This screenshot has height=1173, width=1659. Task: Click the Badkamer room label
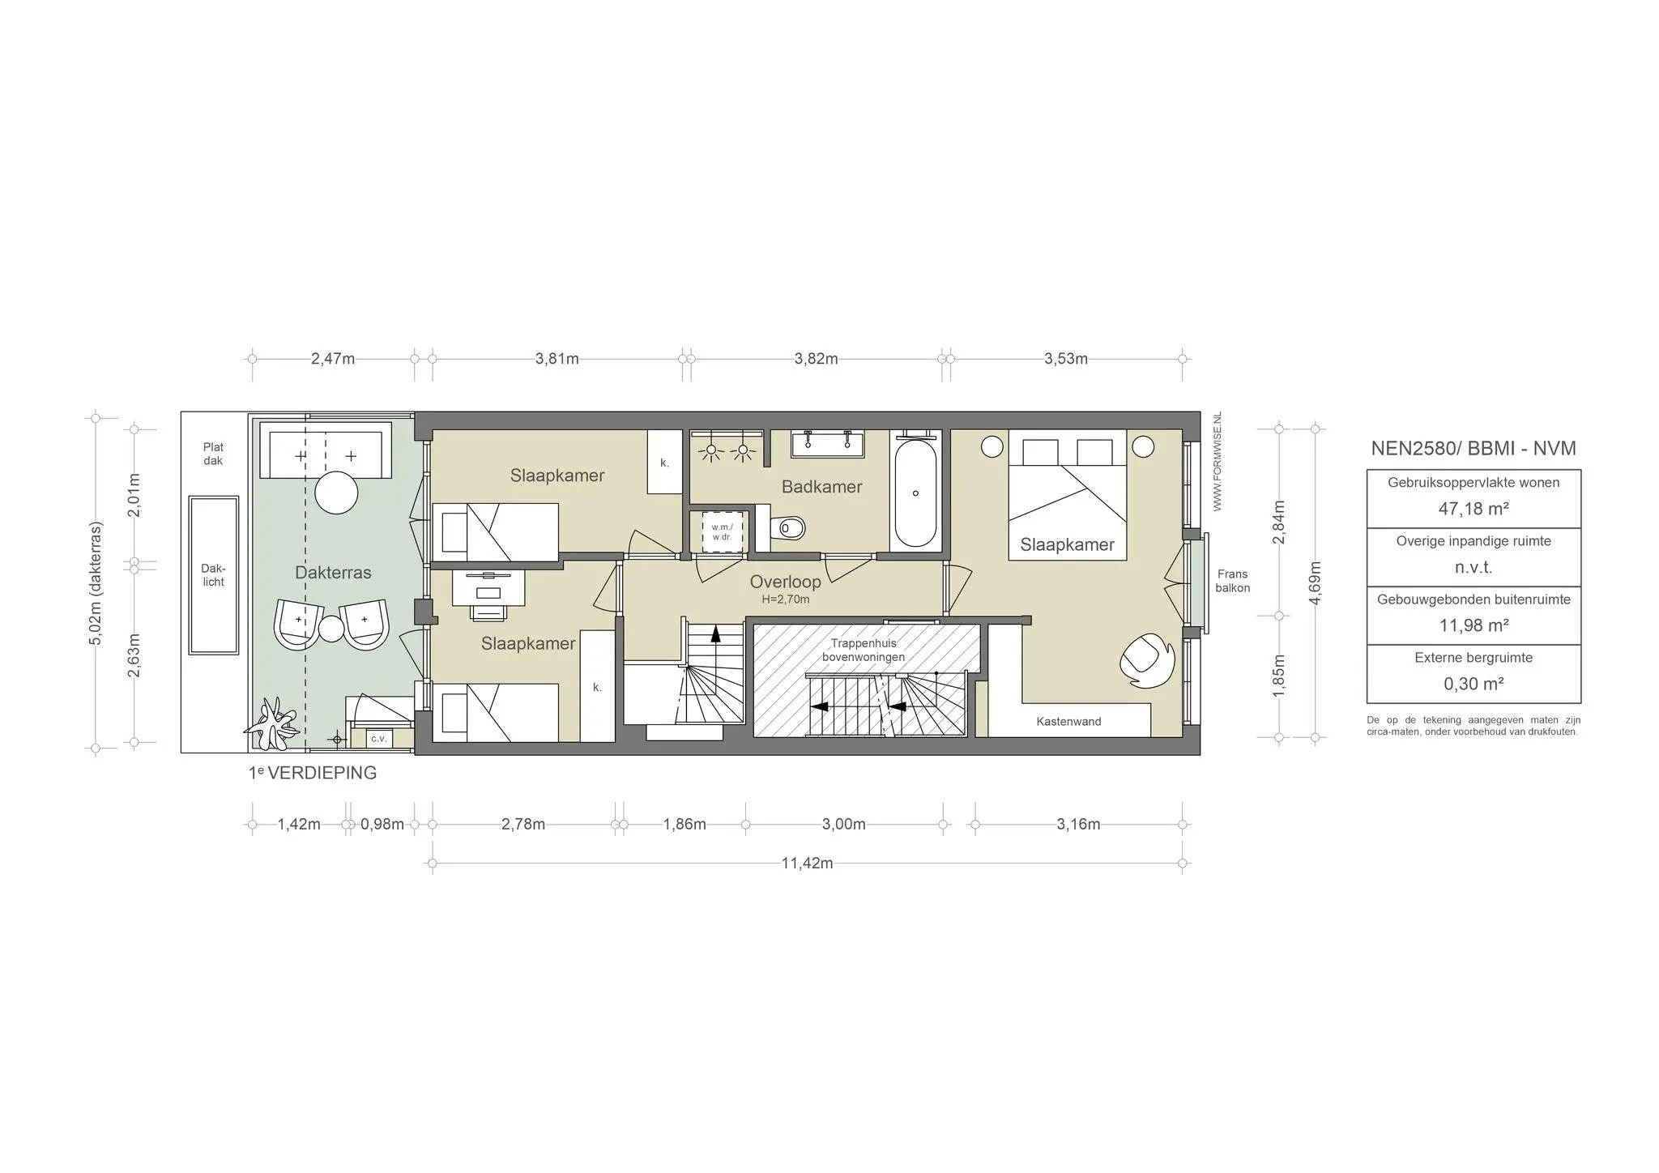click(821, 487)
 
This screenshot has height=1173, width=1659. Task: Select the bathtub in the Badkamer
click(916, 492)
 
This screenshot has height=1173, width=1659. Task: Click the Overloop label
click(785, 582)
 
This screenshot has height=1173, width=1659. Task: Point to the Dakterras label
click(333, 573)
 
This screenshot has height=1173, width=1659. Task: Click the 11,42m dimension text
click(808, 863)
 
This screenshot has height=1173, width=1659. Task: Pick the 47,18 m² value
click(1473, 509)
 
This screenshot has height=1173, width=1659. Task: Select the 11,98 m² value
click(1473, 625)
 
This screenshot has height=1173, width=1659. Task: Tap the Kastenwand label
click(1068, 722)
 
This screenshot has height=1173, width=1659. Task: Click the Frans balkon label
click(1233, 582)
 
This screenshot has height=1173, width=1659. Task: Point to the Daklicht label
click(213, 575)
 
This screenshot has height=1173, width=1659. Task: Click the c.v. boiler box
click(378, 739)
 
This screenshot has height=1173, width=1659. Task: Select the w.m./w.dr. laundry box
click(722, 531)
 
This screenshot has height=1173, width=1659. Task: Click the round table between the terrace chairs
click(332, 629)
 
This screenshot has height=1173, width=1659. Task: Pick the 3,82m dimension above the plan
click(817, 359)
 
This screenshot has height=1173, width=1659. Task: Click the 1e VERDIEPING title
click(313, 773)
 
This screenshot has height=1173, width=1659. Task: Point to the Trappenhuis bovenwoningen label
click(864, 650)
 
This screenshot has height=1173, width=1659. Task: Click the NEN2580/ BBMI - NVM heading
click(1473, 449)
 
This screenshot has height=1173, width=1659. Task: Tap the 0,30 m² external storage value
click(1473, 684)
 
